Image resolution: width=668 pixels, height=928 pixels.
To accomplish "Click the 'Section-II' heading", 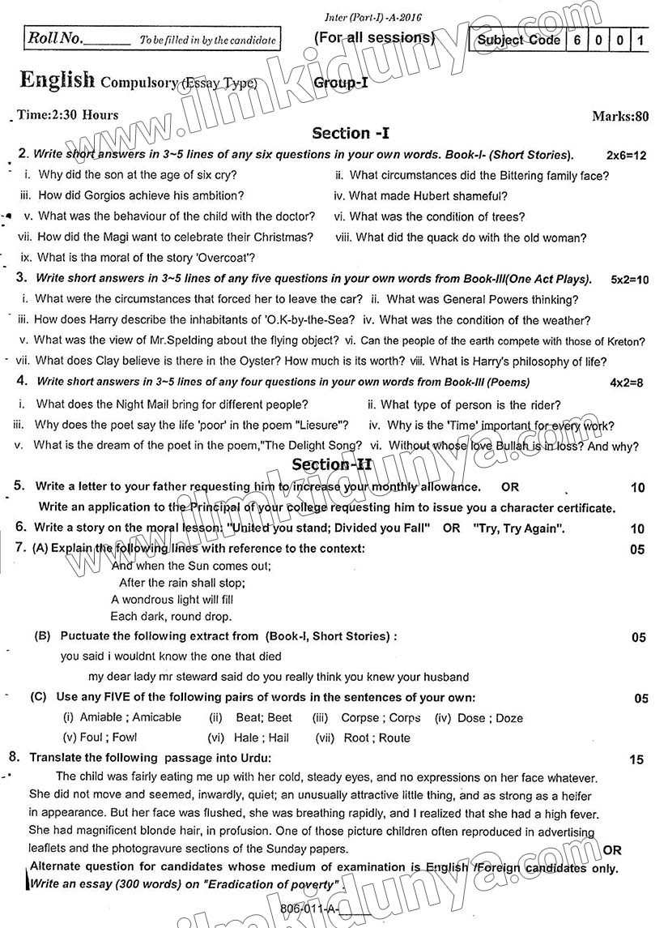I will click(332, 464).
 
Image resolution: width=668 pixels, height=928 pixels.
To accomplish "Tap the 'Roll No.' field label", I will click(54, 38).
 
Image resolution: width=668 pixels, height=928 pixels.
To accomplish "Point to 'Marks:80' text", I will click(620, 117).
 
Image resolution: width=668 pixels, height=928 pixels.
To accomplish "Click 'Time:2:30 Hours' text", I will click(68, 115).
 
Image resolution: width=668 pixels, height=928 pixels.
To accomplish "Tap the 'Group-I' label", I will click(341, 82).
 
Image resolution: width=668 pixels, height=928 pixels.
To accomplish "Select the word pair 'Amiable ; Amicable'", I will click(122, 717).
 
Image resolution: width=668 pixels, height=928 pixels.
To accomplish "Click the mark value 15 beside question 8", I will click(636, 759).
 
